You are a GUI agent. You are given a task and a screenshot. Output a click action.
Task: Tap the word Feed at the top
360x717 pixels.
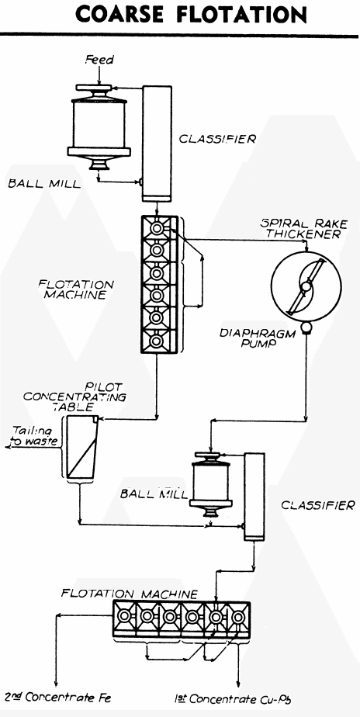point(99,61)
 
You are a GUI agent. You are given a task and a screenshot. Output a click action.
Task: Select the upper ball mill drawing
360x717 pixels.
point(99,128)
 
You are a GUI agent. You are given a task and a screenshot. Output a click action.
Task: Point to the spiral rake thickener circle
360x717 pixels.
point(303,286)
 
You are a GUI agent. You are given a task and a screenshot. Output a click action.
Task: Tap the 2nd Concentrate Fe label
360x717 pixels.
point(58,697)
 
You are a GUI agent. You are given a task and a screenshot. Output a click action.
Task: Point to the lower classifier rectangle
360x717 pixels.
point(252,497)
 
